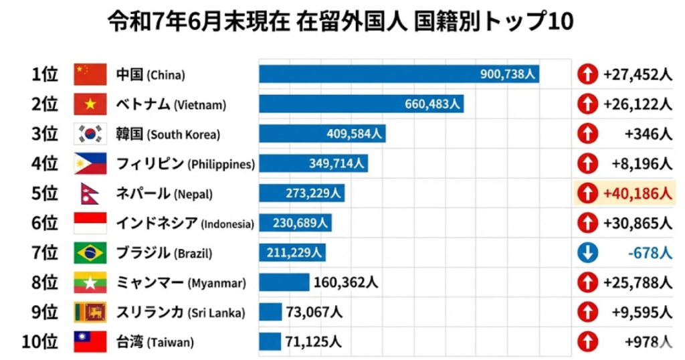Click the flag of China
tap(90, 74)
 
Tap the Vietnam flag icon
tap(90, 104)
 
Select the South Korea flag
tap(90, 134)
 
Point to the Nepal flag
tap(89, 194)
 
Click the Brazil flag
tap(90, 254)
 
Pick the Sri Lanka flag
tap(90, 312)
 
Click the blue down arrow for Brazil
tap(587, 254)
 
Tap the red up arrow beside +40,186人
tap(587, 194)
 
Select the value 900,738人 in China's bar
tap(508, 74)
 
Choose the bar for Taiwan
tap(270, 342)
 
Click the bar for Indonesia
tap(295, 223)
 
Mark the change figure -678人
tap(647, 254)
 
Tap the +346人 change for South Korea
tap(648, 134)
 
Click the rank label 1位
tap(45, 74)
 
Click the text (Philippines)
tap(221, 165)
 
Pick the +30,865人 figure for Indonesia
tap(637, 223)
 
